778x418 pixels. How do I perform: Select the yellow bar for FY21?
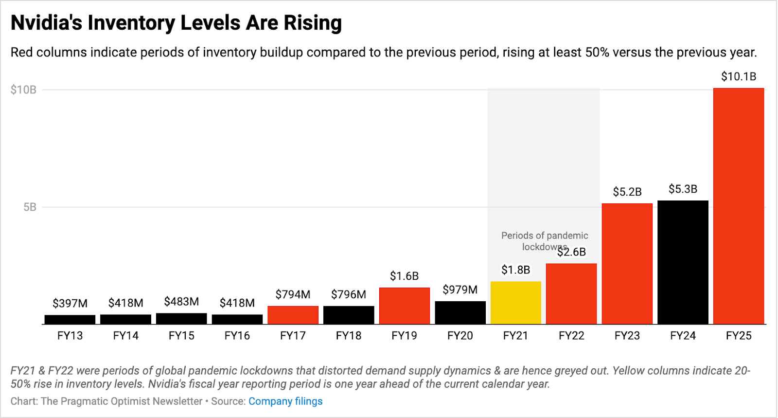pos(515,303)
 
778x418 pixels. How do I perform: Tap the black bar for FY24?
pos(683,262)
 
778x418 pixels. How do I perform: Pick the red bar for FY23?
pos(627,264)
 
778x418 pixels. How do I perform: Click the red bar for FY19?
pos(404,306)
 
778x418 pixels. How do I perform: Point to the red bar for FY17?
pos(293,315)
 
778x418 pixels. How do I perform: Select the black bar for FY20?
pos(460,312)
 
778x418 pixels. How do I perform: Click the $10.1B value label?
pos(739,76)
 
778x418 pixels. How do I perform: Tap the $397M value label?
pos(70,303)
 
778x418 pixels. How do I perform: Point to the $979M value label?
pos(460,290)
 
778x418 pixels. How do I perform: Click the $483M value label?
pos(181,301)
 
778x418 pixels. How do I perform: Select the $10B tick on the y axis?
pos(23,90)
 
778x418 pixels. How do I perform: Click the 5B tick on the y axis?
pos(30,207)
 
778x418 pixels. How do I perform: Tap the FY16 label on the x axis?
pos(237,336)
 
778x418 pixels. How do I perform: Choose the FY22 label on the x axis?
pos(571,336)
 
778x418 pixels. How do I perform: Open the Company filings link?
pos(285,401)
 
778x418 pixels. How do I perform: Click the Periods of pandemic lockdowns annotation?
pos(544,241)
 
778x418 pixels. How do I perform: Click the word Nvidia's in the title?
pos(46,23)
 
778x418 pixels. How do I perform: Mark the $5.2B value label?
pos(627,192)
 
